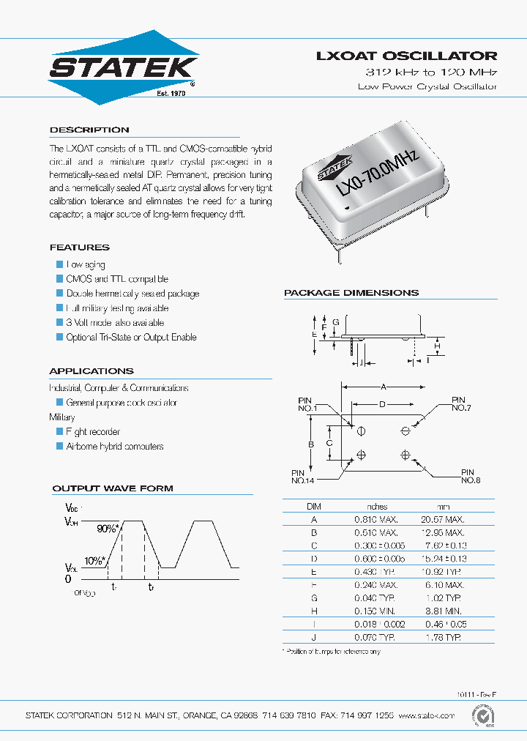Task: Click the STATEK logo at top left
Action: tap(123, 67)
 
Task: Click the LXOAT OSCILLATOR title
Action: tap(406, 56)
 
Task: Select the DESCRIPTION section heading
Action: tap(89, 130)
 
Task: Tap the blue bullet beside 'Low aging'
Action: tap(60, 264)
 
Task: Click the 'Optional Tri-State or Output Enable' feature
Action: tap(131, 338)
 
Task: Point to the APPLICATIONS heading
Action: tap(91, 371)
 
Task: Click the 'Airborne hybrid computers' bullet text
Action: tap(115, 447)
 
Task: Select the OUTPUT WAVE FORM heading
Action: tap(113, 488)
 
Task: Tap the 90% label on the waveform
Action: tap(108, 527)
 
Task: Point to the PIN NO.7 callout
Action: tap(459, 403)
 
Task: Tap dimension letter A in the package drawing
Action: tap(383, 386)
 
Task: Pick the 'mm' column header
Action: tap(444, 506)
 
